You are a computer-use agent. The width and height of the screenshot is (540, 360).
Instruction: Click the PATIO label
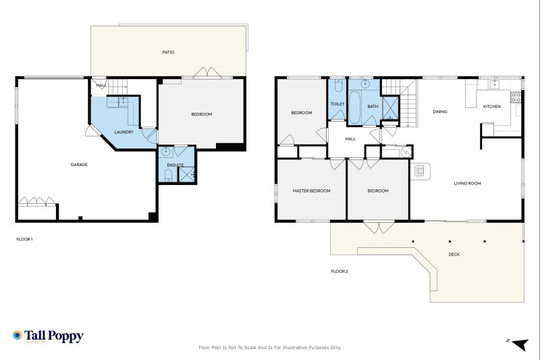(x=168, y=53)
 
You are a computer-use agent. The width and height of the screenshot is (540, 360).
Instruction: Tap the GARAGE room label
(x=79, y=165)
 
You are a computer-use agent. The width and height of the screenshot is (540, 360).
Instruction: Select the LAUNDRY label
(x=124, y=132)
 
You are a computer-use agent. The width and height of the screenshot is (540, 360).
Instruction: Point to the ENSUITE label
(x=175, y=165)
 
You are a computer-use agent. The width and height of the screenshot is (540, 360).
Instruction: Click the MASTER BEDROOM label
(x=311, y=191)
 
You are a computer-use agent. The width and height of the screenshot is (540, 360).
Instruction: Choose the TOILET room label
(x=337, y=104)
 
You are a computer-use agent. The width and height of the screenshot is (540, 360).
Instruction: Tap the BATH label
(x=373, y=107)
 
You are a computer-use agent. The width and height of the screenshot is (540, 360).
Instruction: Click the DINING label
(x=440, y=111)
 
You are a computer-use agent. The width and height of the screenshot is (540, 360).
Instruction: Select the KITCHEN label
(x=492, y=107)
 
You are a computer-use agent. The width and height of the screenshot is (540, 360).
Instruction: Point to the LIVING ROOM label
(x=467, y=183)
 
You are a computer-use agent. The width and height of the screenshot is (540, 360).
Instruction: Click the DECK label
(x=454, y=254)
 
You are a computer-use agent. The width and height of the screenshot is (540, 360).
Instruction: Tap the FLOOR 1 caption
(x=24, y=239)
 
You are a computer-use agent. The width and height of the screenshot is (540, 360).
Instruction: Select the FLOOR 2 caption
(x=340, y=271)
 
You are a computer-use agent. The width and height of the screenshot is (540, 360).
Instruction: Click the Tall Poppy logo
(x=48, y=336)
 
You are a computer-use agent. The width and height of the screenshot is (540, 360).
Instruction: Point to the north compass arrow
(x=520, y=344)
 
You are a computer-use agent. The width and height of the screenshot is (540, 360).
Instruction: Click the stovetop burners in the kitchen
(x=516, y=97)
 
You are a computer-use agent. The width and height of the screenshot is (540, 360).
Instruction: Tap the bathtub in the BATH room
(x=354, y=107)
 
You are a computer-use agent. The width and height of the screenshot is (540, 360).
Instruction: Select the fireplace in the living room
(x=420, y=171)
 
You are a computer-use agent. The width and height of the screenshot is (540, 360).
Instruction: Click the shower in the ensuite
(x=186, y=174)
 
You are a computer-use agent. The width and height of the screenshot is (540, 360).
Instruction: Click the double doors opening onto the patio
(x=207, y=72)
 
